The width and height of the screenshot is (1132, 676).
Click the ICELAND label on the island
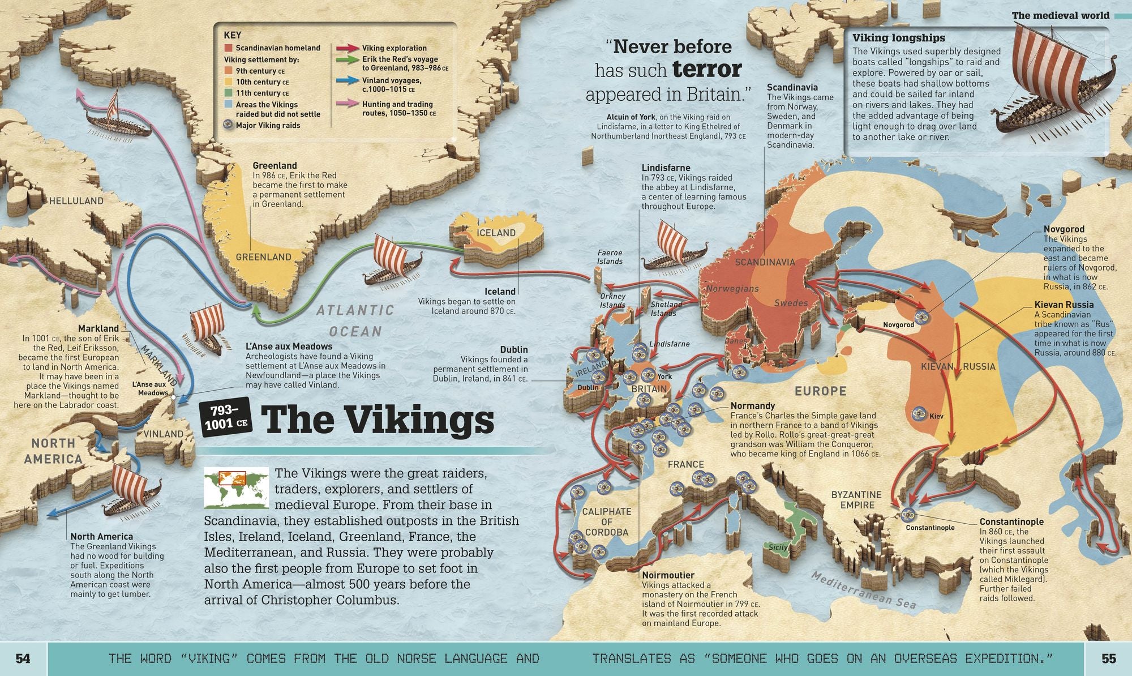(496, 233)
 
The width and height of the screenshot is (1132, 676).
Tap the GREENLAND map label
(263, 257)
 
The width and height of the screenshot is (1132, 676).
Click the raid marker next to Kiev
(918, 414)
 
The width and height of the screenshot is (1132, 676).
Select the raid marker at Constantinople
(908, 515)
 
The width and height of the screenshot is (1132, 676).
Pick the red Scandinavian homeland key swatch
(228, 48)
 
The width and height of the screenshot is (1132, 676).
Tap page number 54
(23, 658)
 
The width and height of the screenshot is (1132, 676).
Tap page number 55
(1108, 658)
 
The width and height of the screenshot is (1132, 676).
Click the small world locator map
(236, 488)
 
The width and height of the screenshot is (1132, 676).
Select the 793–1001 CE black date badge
(226, 417)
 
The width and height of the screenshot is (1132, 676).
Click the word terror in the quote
(707, 69)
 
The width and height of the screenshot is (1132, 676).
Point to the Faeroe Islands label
(610, 257)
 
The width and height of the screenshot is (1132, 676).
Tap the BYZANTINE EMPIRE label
(856, 500)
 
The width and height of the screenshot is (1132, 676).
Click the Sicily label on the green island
(778, 547)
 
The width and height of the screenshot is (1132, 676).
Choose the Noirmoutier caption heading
(668, 575)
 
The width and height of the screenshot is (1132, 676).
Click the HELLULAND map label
(76, 200)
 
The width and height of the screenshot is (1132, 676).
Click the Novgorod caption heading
(1064, 229)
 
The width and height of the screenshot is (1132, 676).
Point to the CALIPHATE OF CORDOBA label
(607, 521)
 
